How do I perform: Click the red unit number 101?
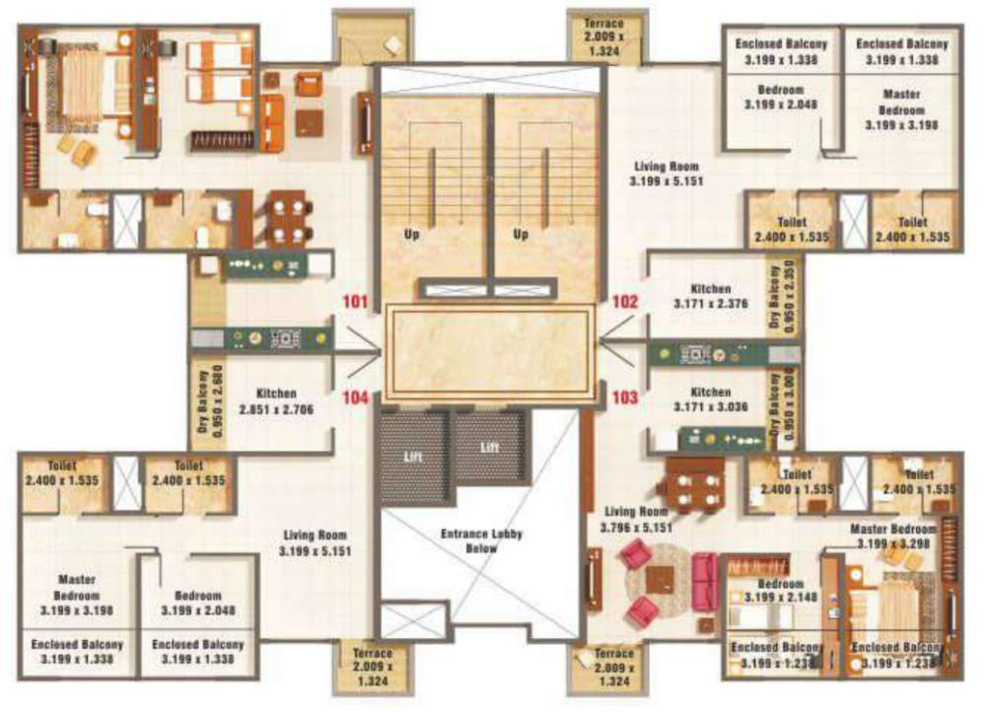[353, 302]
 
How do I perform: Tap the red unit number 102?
[626, 302]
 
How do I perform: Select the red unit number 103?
[626, 398]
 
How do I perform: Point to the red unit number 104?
[353, 398]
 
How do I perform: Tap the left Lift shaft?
[413, 456]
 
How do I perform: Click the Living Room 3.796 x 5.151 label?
[636, 520]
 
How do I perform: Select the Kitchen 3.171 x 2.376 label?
[711, 297]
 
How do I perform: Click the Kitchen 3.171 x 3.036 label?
[711, 398]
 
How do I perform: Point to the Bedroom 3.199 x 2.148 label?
[779, 591]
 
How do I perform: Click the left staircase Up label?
[413, 235]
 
